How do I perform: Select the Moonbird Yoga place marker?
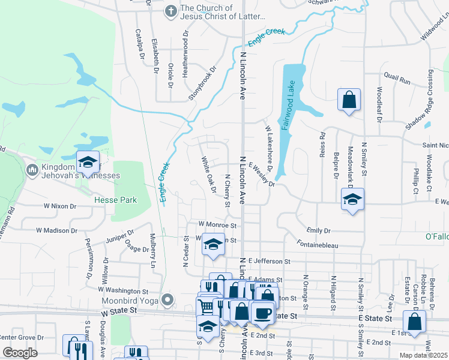(168, 299)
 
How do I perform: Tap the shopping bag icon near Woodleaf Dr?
(349, 100)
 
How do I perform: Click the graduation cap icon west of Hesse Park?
(88, 162)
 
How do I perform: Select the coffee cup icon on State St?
(263, 313)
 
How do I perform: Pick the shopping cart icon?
(206, 307)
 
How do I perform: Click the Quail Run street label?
(397, 79)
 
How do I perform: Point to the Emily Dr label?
(318, 230)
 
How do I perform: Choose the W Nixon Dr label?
(60, 206)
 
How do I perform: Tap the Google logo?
(20, 353)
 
